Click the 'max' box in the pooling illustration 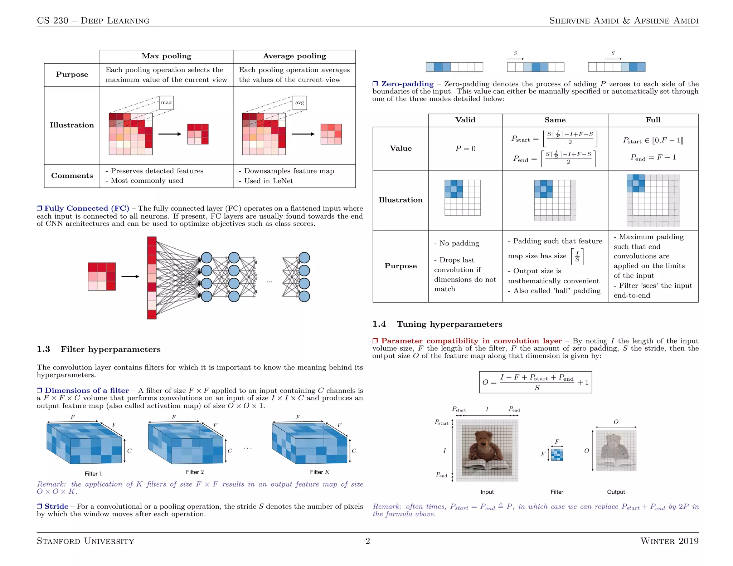coord(166,102)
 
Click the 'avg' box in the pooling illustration coord(300,102)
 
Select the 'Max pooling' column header coord(166,56)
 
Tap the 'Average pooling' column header coord(294,56)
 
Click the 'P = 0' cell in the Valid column coord(465,148)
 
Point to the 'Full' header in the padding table coord(653,120)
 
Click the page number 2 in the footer coord(368,541)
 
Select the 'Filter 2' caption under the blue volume coord(195,472)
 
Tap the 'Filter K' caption coord(320,472)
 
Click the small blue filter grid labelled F coord(557,455)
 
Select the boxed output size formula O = coord(535,382)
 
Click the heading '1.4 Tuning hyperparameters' coord(437,324)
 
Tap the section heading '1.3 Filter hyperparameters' coord(99,349)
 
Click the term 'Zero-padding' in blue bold coord(407,84)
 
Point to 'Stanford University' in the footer coord(85,541)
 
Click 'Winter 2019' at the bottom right coord(669,541)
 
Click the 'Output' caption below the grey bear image coord(616,492)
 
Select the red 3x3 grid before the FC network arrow coord(102,277)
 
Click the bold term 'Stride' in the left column coord(56,506)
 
